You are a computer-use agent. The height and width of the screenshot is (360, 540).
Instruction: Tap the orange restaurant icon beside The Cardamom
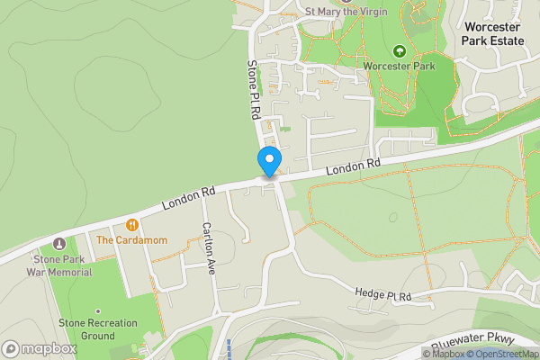click(x=132, y=224)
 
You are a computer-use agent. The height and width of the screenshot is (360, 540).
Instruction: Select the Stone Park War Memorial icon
click(x=59, y=243)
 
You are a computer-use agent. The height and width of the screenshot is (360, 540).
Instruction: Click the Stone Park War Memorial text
click(x=59, y=265)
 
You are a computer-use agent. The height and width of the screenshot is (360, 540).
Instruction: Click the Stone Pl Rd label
click(x=254, y=90)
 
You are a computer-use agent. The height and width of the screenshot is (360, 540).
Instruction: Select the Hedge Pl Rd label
click(x=382, y=295)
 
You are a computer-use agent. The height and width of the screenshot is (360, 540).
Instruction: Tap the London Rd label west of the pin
click(x=189, y=199)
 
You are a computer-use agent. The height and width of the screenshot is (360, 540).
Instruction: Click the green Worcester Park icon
click(x=400, y=49)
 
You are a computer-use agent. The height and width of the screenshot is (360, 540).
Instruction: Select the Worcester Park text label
click(x=400, y=66)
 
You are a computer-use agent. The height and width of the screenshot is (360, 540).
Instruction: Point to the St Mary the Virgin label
click(x=346, y=12)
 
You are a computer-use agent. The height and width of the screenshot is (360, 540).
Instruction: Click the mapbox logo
click(x=39, y=348)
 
